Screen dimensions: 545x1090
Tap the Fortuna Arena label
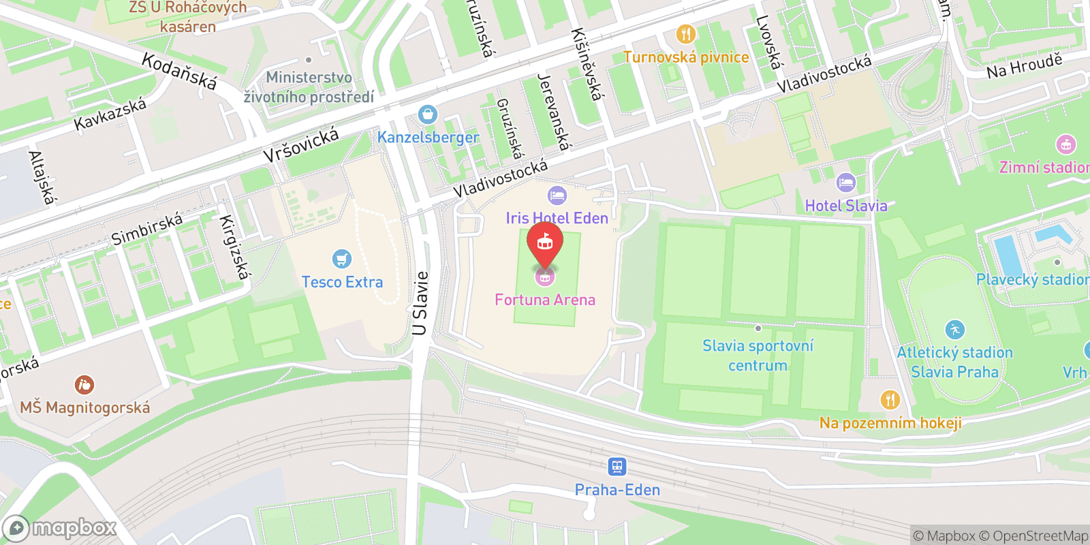pos(545,300)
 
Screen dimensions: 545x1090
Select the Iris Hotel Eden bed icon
pos(557,196)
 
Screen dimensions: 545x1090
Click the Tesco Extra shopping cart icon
pos(341,260)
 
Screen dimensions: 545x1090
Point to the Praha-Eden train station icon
pos(617,467)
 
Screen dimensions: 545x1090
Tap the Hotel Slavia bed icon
pos(845,183)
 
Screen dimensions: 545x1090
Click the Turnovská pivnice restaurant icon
pos(685,34)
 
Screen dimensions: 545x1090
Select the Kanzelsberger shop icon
pos(428,114)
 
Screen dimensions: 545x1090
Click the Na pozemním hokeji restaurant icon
pos(890,400)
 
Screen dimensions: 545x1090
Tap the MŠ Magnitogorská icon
pos(84,385)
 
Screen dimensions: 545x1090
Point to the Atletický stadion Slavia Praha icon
pos(955,330)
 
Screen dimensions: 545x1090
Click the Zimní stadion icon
pos(1065,144)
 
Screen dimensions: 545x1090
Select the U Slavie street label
pos(420,304)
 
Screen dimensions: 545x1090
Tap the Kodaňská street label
pos(179,72)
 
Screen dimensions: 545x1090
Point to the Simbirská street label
pos(147,229)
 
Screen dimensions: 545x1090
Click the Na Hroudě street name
pos(1024,65)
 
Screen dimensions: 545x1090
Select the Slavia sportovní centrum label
pos(758,356)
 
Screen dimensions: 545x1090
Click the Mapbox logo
pos(59,528)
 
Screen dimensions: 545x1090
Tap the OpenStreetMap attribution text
pos(1040,536)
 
